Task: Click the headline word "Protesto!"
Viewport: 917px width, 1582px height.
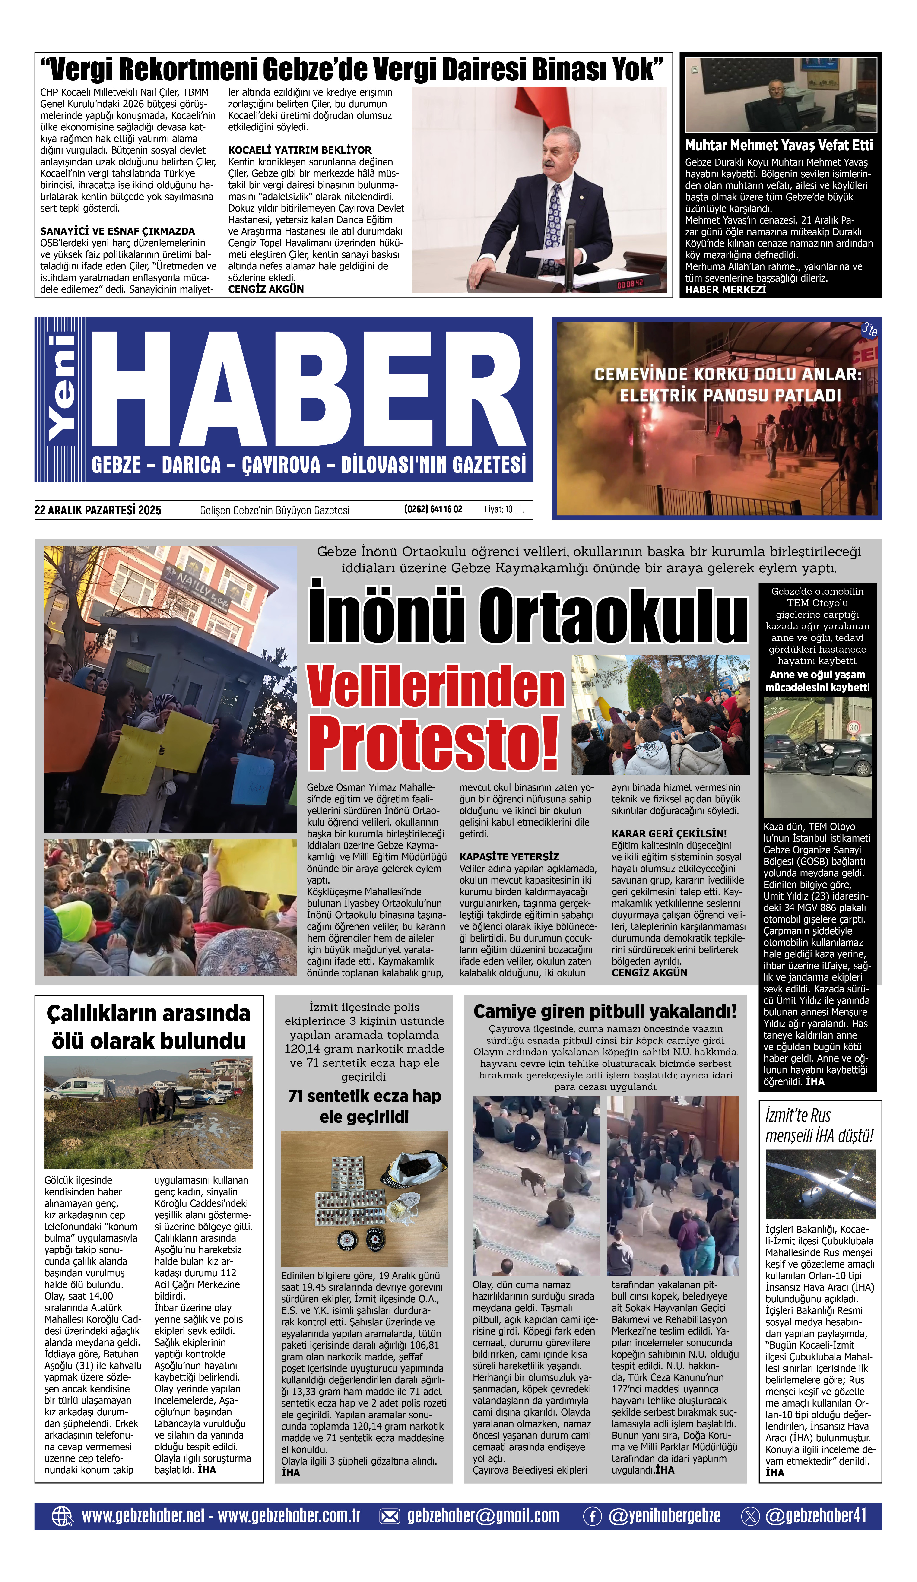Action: (x=433, y=744)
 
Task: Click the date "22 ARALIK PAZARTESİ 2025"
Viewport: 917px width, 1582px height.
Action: (x=98, y=510)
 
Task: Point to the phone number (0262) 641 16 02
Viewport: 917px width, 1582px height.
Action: (x=433, y=509)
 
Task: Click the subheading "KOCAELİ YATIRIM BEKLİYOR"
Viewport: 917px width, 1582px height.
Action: (x=299, y=150)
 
